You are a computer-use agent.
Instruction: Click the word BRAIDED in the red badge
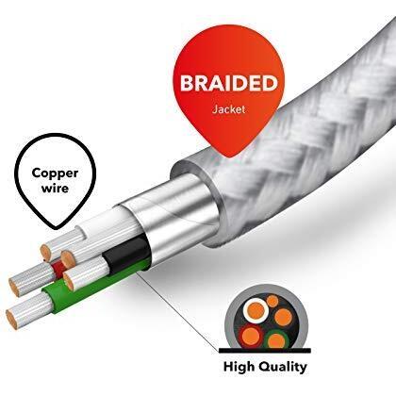click(x=229, y=83)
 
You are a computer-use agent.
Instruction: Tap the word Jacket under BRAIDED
click(x=228, y=109)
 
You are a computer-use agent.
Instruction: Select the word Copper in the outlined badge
click(x=55, y=173)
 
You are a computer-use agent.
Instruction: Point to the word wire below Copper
click(x=55, y=189)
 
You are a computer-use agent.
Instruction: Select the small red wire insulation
click(x=58, y=269)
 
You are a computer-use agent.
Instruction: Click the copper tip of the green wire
click(x=11, y=319)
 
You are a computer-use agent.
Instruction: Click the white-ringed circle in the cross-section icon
click(x=256, y=310)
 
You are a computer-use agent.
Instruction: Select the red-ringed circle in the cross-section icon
click(x=251, y=337)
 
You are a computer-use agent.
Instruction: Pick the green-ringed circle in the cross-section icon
click(x=276, y=339)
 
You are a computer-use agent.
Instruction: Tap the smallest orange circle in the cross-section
click(x=272, y=302)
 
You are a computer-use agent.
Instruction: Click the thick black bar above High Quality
click(x=265, y=351)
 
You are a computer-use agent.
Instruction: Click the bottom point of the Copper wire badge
click(x=56, y=228)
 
